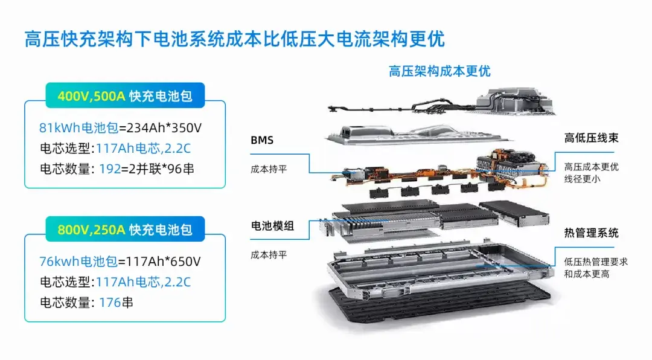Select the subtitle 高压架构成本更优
click(439, 71)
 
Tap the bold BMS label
click(262, 141)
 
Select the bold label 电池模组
click(272, 226)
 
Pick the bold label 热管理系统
click(591, 233)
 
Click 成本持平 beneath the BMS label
click(269, 169)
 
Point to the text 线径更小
click(582, 179)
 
